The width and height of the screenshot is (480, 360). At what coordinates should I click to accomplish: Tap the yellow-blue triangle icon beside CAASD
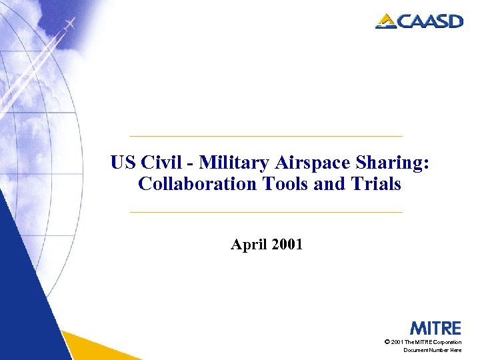(x=387, y=21)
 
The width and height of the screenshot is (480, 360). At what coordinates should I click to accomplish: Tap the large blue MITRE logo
(x=435, y=328)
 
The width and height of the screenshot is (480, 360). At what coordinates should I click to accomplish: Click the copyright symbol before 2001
(x=387, y=342)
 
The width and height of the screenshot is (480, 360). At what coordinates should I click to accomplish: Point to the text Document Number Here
(x=432, y=350)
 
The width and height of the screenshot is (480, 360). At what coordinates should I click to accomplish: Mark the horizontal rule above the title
(x=266, y=136)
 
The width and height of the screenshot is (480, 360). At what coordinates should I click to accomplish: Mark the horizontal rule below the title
(x=266, y=212)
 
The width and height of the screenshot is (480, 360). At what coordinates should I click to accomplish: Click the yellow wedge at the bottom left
(x=100, y=347)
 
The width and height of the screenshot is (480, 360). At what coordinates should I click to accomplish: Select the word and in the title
(x=325, y=184)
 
